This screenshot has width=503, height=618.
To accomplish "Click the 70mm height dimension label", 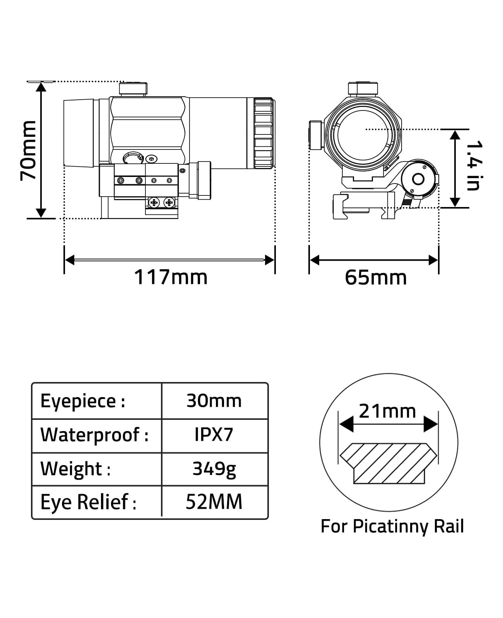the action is pyautogui.click(x=28, y=150).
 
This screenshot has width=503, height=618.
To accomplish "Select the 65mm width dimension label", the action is pyautogui.click(x=375, y=277).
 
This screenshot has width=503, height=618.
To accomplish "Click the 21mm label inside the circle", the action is pyautogui.click(x=387, y=411).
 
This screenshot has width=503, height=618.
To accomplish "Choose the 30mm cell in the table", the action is pyautogui.click(x=214, y=401).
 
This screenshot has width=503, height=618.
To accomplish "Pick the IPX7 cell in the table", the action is pyautogui.click(x=214, y=435).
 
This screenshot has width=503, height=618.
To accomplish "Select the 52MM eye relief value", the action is pyautogui.click(x=214, y=502).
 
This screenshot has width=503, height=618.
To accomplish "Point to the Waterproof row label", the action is pyautogui.click(x=94, y=435).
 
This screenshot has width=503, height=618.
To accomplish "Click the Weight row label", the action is pyautogui.click(x=75, y=469).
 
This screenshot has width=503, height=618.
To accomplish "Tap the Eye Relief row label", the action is pyautogui.click(x=88, y=502).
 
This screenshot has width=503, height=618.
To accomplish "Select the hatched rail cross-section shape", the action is pyautogui.click(x=388, y=463).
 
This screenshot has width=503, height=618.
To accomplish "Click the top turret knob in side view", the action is pyautogui.click(x=133, y=89).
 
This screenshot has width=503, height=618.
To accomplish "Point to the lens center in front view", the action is pyautogui.click(x=363, y=135).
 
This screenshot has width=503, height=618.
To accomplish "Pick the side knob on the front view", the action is pyautogui.click(x=316, y=135).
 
